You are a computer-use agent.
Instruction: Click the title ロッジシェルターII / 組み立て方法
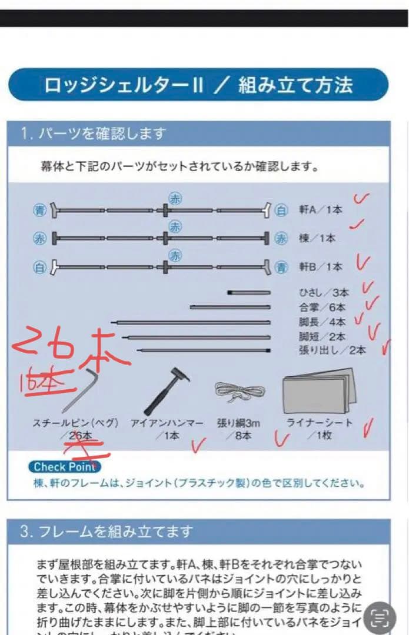(198, 85)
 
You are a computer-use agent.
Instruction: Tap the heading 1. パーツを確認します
(94, 133)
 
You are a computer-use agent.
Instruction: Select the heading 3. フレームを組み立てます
(106, 532)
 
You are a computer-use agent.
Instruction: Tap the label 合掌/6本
(322, 307)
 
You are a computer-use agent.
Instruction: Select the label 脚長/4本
(322, 322)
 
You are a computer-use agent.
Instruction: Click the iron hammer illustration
(166, 390)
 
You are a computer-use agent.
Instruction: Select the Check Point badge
(64, 467)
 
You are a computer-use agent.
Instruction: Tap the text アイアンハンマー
(167, 423)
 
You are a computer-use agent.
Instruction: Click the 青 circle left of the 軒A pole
(39, 210)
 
